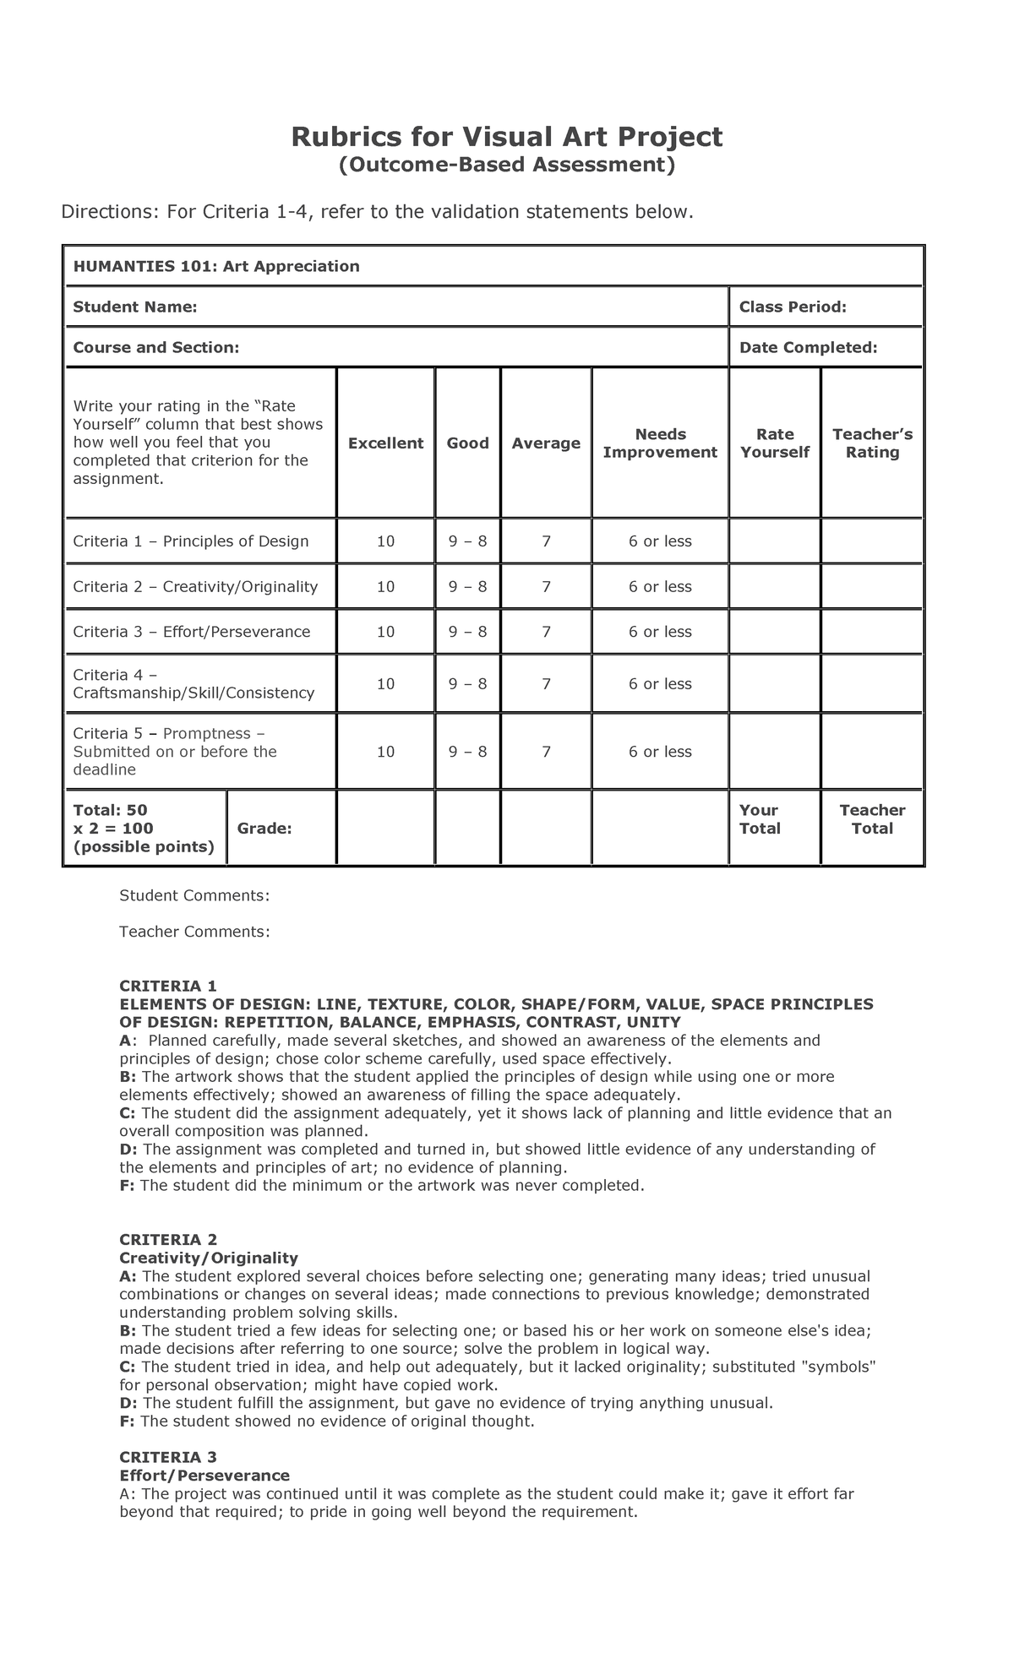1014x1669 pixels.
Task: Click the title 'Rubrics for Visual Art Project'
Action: [x=507, y=137]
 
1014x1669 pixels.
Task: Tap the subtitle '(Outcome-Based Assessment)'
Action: [x=507, y=164]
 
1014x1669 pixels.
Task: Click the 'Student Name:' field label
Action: [x=135, y=307]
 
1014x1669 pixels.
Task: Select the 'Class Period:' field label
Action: [x=793, y=307]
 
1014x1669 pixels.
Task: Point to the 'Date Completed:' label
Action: [x=808, y=347]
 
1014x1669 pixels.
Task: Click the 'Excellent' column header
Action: [x=385, y=443]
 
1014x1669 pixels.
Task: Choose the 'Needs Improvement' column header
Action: [x=660, y=443]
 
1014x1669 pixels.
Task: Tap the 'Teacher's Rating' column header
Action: [x=872, y=443]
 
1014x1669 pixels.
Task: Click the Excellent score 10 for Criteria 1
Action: [x=385, y=541]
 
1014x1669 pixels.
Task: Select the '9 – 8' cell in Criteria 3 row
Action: [x=467, y=632]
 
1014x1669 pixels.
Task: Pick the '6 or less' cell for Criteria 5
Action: [x=660, y=752]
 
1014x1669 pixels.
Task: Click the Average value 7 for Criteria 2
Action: [x=546, y=587]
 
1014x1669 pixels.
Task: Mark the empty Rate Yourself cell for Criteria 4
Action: [x=774, y=684]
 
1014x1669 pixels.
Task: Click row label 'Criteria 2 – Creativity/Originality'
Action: [x=195, y=587]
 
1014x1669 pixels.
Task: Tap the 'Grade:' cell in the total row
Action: [x=264, y=829]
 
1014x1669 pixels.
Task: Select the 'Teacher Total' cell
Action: [x=872, y=819]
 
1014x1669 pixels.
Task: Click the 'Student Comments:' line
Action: [x=194, y=894]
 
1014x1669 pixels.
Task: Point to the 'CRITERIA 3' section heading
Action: [x=168, y=1457]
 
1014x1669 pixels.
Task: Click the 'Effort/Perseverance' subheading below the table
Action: [x=204, y=1475]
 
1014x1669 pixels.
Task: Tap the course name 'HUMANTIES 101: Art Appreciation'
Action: [x=216, y=267]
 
